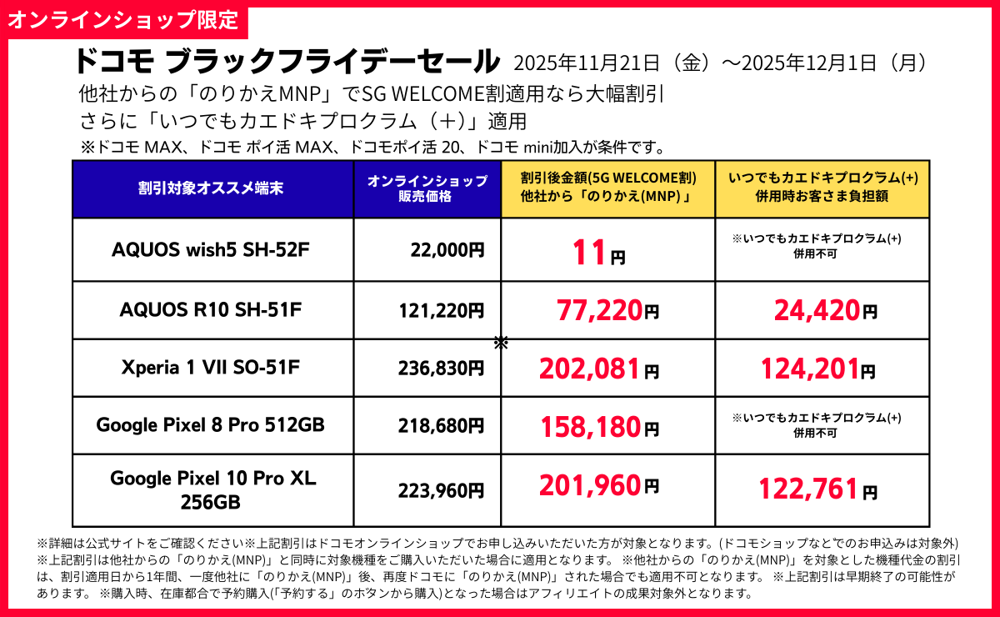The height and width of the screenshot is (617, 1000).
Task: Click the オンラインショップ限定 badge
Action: pyautogui.click(x=124, y=19)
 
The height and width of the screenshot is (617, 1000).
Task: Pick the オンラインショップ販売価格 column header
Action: pyautogui.click(x=427, y=188)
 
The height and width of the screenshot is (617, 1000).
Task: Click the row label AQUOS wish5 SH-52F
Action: pyautogui.click(x=212, y=249)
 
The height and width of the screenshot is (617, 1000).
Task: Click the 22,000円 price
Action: pyautogui.click(x=447, y=249)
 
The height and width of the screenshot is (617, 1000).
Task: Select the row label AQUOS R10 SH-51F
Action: pyautogui.click(x=212, y=310)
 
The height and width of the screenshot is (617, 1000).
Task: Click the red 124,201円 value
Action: pyautogui.click(x=817, y=368)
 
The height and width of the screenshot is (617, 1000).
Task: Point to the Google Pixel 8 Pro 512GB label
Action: pyautogui.click(x=211, y=425)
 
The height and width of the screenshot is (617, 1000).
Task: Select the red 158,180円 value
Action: pyautogui.click(x=599, y=427)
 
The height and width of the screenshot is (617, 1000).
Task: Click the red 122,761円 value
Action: pyautogui.click(x=817, y=489)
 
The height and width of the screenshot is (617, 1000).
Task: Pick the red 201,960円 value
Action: pyautogui.click(x=599, y=484)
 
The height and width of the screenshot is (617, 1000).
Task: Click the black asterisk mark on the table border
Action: pyautogui.click(x=501, y=343)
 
